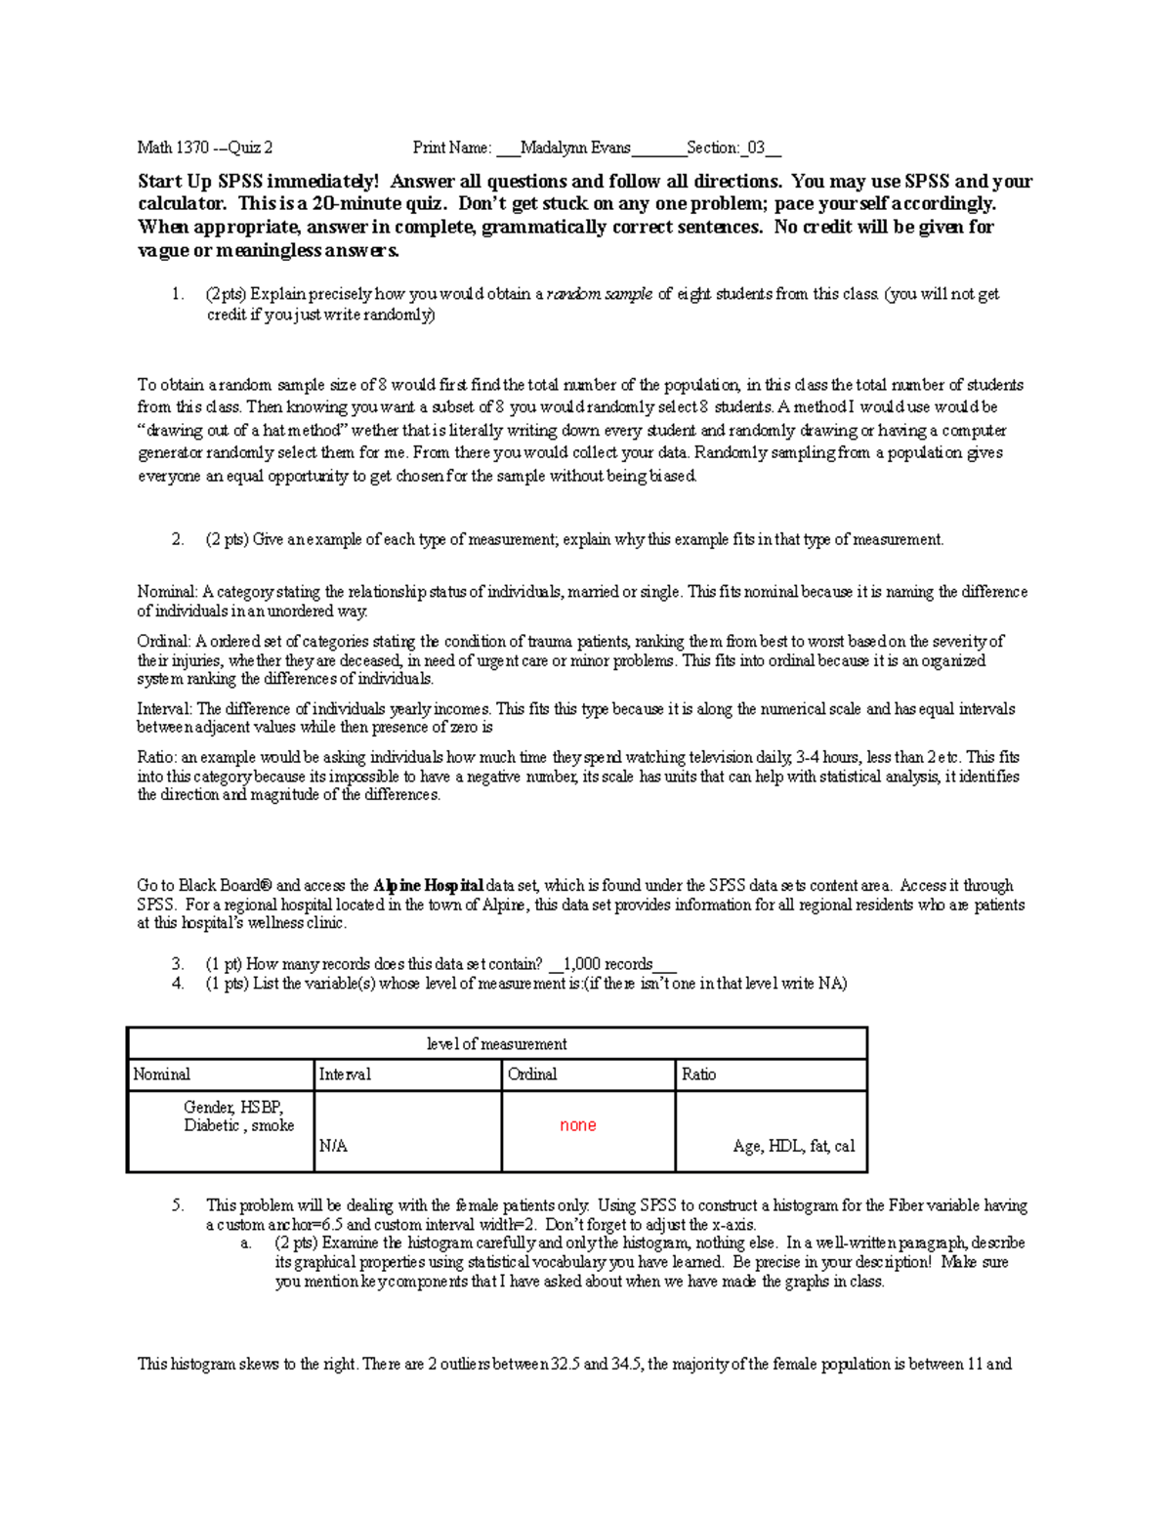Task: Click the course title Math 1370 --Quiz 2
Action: [x=205, y=148]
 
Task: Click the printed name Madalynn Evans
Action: [x=575, y=148]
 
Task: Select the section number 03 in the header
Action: [x=757, y=148]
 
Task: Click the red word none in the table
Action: [x=577, y=1125]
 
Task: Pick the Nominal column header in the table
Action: [x=162, y=1075]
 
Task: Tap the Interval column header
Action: [x=345, y=1075]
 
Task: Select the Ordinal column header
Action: [x=532, y=1075]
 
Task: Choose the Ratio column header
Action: [x=698, y=1075]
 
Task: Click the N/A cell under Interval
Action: [x=333, y=1147]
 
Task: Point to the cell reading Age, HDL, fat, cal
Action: [x=793, y=1147]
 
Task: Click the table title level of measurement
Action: [x=496, y=1044]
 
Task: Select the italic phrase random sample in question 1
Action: [x=600, y=294]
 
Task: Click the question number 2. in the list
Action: [x=177, y=539]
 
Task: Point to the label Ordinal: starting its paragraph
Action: [x=164, y=643]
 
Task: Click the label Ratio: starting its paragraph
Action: [x=156, y=758]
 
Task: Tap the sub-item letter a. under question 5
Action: [x=246, y=1243]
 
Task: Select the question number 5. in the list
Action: [x=177, y=1205]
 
